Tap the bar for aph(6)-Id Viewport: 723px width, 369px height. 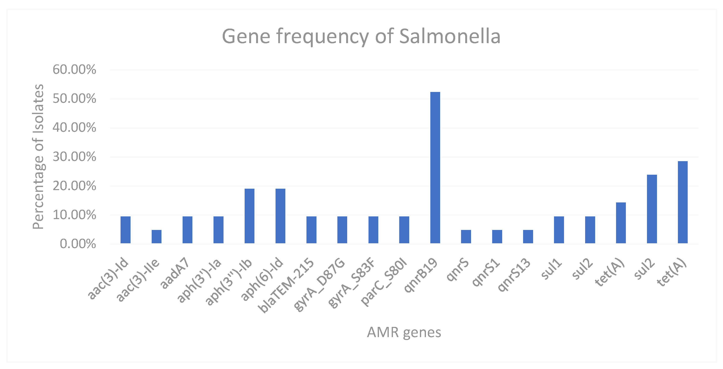point(280,216)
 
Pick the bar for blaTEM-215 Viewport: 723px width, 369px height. point(311,230)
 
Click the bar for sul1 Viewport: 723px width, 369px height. point(559,230)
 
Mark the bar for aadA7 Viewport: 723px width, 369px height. point(187,230)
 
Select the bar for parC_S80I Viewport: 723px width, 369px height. point(404,230)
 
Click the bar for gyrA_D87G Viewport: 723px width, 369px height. point(342,230)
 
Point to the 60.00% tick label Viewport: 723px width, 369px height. point(74,69)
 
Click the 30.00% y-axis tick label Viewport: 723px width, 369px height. point(74,157)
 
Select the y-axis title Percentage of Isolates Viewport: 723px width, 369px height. point(38,157)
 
